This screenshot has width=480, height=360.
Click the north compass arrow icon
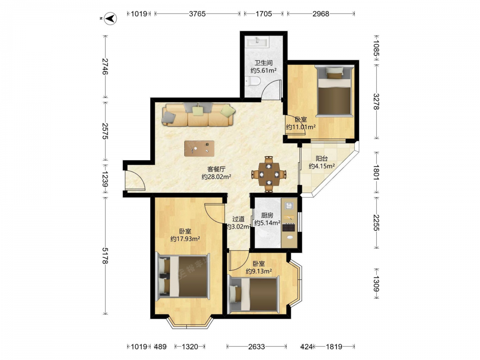[x=110, y=18]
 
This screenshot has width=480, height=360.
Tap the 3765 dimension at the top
[x=197, y=14]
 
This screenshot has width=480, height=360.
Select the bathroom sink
[x=257, y=42]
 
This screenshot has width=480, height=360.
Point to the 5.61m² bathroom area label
[x=264, y=71]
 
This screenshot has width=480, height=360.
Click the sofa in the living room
[x=199, y=115]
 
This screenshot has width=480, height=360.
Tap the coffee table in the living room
[x=199, y=148]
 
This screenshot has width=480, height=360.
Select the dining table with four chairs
[x=269, y=174]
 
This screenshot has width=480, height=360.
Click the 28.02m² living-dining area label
[x=216, y=177]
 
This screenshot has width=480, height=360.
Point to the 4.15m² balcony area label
[x=322, y=166]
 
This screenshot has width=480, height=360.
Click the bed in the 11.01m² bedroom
[x=335, y=91]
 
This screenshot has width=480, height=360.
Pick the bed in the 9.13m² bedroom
[x=253, y=295]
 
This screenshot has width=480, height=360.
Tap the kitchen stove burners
[x=288, y=228]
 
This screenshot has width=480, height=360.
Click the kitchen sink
[x=289, y=205]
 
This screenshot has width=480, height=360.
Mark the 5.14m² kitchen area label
[x=267, y=223]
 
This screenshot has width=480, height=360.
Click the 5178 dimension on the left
[x=105, y=256]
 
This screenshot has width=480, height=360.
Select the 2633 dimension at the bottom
[x=256, y=347]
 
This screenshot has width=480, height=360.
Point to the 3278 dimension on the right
[x=376, y=102]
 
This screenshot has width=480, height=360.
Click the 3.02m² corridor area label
[x=239, y=227]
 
